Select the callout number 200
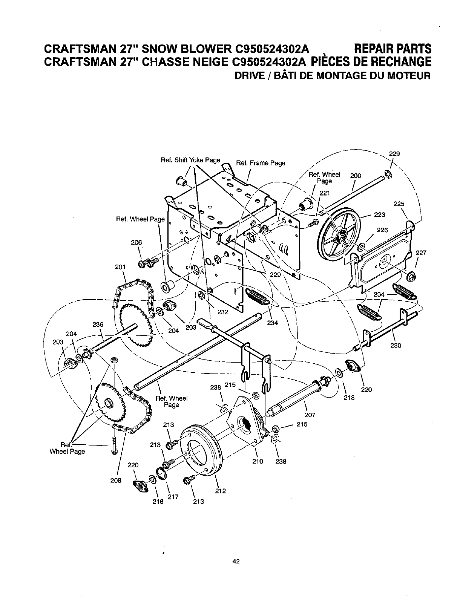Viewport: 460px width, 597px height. (356, 176)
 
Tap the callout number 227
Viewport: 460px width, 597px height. (421, 253)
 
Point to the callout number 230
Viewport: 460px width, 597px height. (396, 345)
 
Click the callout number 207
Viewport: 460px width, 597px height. (310, 415)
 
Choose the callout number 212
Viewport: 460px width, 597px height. (220, 491)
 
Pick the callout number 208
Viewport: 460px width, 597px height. (116, 481)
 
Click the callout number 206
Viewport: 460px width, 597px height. (136, 243)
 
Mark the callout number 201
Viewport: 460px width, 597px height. (120, 267)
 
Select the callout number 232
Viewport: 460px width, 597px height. (223, 311)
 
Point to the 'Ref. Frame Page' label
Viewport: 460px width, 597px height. (261, 163)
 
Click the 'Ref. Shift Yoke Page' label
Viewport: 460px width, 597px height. (190, 160)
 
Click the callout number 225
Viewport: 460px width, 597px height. (399, 204)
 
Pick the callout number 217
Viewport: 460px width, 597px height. (173, 497)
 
